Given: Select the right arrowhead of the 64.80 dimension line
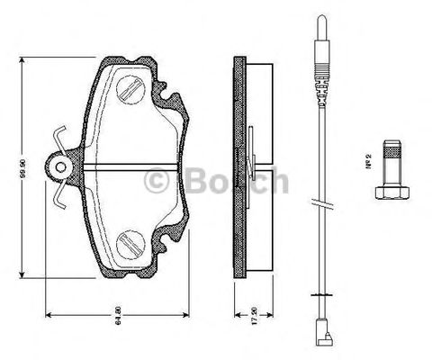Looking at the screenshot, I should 191,314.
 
